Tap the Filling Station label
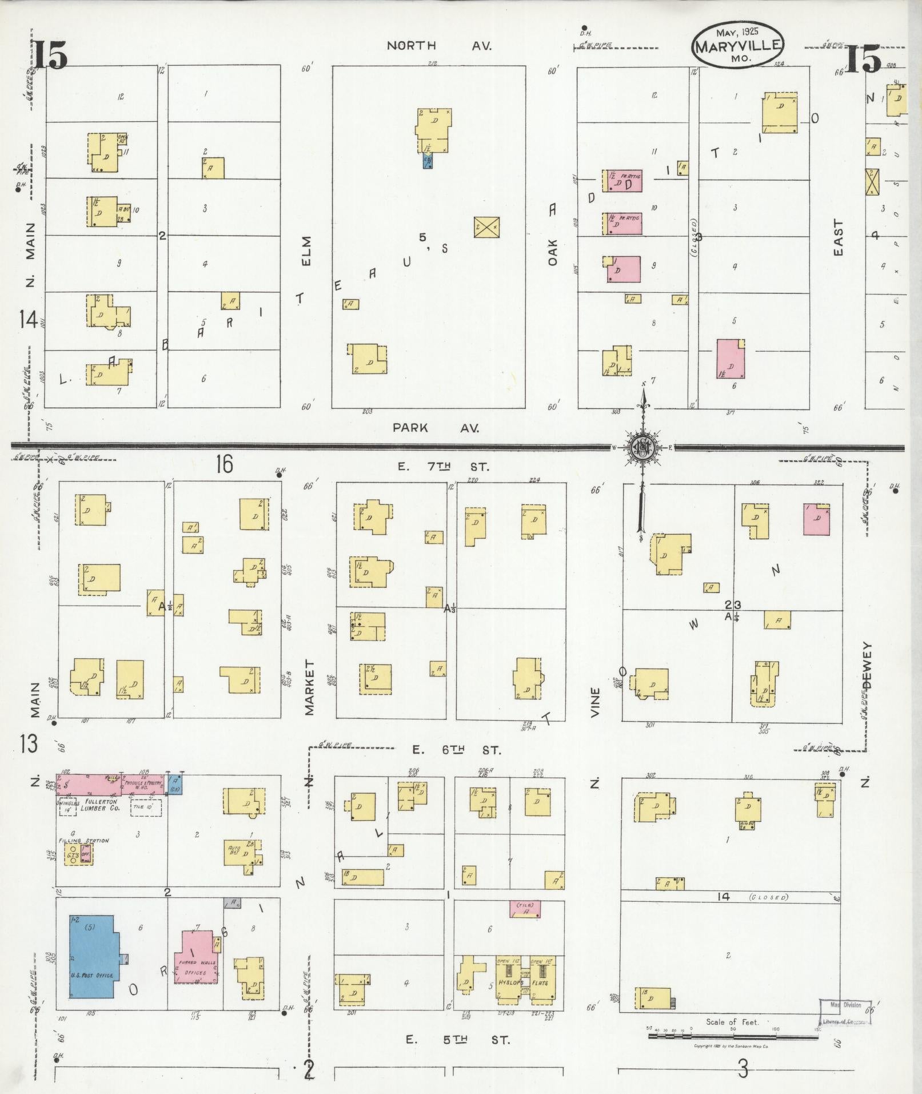pyautogui.click(x=83, y=841)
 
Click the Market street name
pyautogui.click(x=310, y=687)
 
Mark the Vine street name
pyautogui.click(x=596, y=703)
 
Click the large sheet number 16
pyautogui.click(x=224, y=464)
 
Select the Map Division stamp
pyautogui.click(x=845, y=1011)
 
